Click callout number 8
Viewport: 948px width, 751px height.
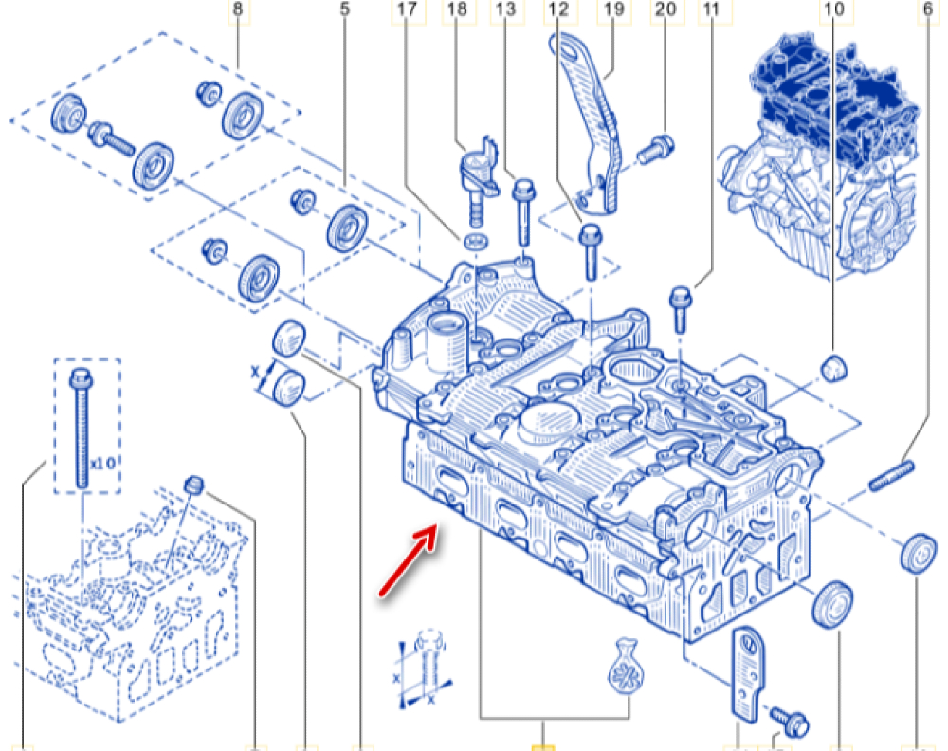(237, 10)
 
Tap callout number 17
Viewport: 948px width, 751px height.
(406, 10)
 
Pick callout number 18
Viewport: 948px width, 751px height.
(457, 10)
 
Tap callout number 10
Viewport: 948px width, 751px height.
(834, 10)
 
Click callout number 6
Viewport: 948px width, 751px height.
(926, 10)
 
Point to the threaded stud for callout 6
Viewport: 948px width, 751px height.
(891, 474)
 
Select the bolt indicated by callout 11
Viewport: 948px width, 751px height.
(681, 307)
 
